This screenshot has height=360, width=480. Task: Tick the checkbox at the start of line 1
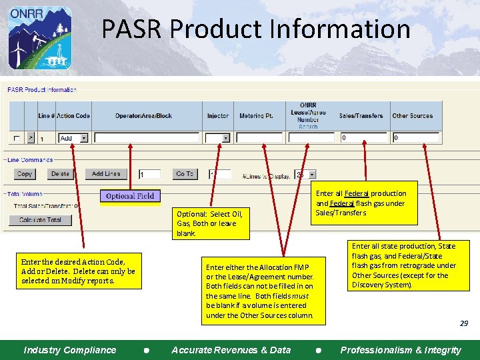16,138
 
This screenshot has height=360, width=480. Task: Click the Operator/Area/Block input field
147,138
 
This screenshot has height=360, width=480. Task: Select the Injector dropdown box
217,138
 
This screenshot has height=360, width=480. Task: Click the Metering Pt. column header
256,116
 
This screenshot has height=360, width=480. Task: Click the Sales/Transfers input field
363,138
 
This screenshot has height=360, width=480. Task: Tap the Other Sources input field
415,138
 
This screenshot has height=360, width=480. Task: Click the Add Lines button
106,174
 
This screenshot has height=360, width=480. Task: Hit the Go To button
185,174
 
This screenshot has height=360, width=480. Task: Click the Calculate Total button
40,220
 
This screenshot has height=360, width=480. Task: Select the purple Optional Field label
130,196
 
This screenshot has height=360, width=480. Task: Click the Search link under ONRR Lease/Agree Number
308,127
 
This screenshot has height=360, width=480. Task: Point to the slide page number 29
463,323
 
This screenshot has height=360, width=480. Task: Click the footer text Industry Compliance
69,350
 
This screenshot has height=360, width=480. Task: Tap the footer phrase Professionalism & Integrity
400,350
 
